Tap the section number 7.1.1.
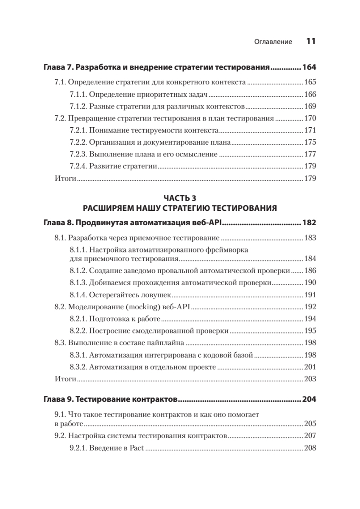(x=78, y=94)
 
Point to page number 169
(x=310, y=106)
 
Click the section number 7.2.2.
(x=78, y=142)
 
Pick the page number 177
(x=310, y=154)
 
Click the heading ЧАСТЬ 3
(x=180, y=198)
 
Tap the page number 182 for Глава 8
(x=309, y=223)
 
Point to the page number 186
(x=310, y=270)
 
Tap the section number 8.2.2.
(x=78, y=330)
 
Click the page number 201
(x=310, y=366)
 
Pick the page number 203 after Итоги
(x=310, y=378)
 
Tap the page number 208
(x=310, y=447)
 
